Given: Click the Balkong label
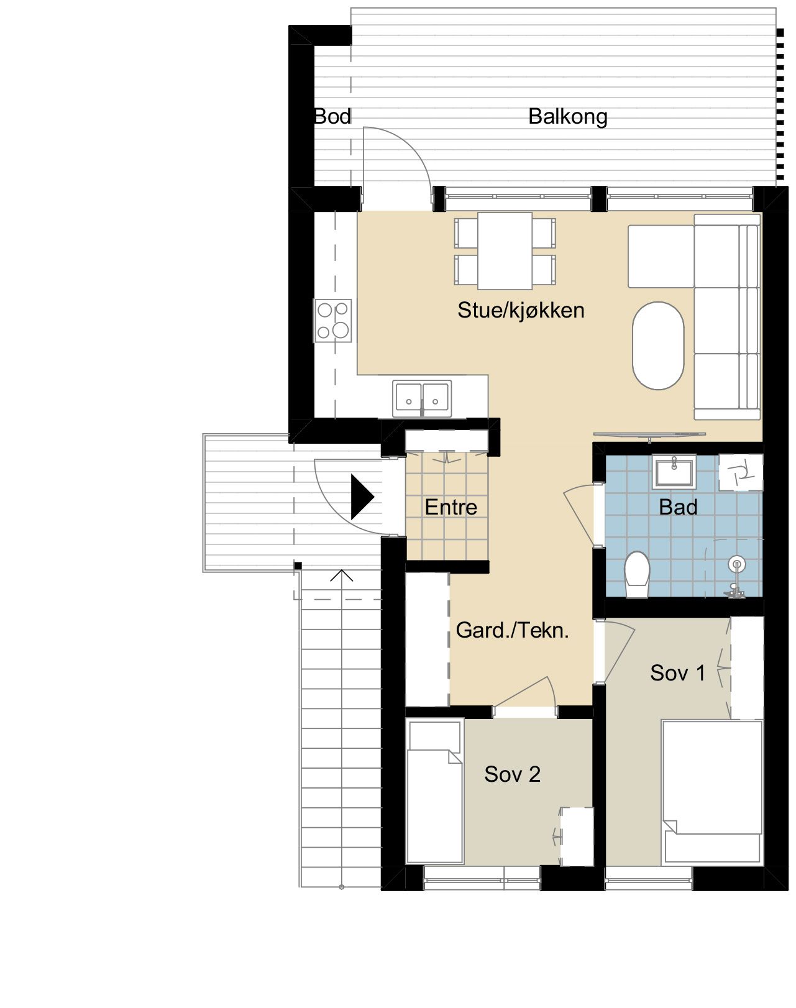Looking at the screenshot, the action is pyautogui.click(x=567, y=117).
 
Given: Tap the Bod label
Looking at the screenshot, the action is pyautogui.click(x=332, y=117).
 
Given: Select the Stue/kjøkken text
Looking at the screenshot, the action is pyautogui.click(x=521, y=310).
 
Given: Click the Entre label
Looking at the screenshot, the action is pyautogui.click(x=451, y=507).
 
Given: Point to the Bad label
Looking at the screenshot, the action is pyautogui.click(x=678, y=507).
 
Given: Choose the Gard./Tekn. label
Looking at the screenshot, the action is pyautogui.click(x=512, y=631).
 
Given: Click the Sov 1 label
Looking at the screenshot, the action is pyautogui.click(x=677, y=673).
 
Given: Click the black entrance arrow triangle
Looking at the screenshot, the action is pyautogui.click(x=362, y=497).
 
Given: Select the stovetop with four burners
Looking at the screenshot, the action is pyautogui.click(x=332, y=321).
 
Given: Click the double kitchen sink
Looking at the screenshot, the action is pyautogui.click(x=422, y=398).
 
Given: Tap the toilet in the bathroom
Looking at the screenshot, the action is pyautogui.click(x=637, y=575).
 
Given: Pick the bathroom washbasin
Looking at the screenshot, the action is pyautogui.click(x=674, y=472).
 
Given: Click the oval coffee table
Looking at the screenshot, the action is pyautogui.click(x=658, y=346).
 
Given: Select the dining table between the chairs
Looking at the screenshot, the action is pyautogui.click(x=505, y=251).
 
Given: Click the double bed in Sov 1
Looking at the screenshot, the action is pyautogui.click(x=712, y=792).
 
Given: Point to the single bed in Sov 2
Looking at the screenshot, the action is pyautogui.click(x=435, y=792).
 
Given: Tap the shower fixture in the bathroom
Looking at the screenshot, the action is pyautogui.click(x=736, y=579).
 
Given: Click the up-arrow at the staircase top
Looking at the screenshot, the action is pyautogui.click(x=342, y=575).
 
